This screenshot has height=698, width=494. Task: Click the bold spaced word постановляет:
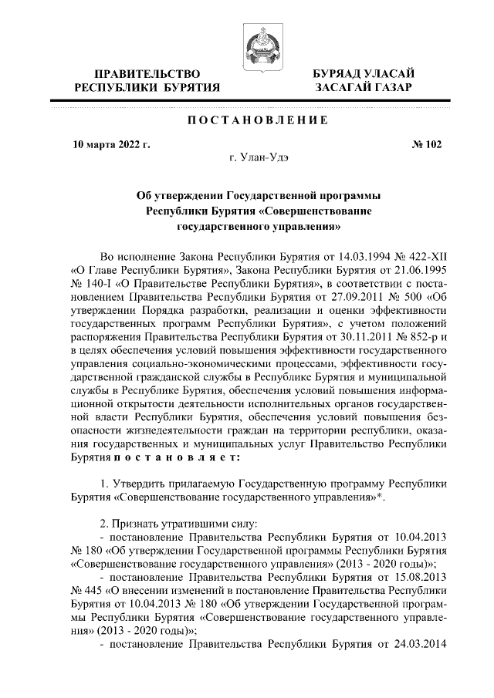(x=174, y=457)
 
